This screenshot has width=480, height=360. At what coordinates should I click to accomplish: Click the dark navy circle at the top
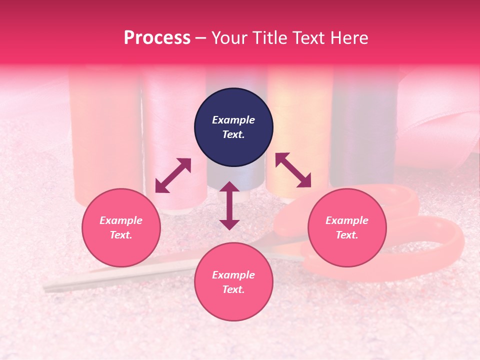click(233, 127)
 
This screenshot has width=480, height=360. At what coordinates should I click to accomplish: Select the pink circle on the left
click(121, 227)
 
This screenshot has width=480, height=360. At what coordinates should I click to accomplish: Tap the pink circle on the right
click(347, 227)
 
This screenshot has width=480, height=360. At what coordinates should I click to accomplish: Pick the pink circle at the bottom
click(233, 282)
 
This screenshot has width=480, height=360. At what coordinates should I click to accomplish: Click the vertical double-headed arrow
click(229, 205)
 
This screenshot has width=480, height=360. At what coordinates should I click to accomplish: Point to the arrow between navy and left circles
click(173, 175)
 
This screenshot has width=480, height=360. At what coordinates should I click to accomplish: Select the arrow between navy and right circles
click(293, 170)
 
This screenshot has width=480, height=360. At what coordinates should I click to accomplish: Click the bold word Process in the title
click(157, 37)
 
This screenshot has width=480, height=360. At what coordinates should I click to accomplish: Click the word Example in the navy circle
click(233, 120)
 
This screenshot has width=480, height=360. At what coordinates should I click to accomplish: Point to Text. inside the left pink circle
click(121, 235)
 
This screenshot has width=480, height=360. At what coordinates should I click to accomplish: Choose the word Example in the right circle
click(347, 220)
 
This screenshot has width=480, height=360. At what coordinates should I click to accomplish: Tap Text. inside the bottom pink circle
click(233, 289)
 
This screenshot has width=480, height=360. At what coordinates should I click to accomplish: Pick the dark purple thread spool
click(362, 130)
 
